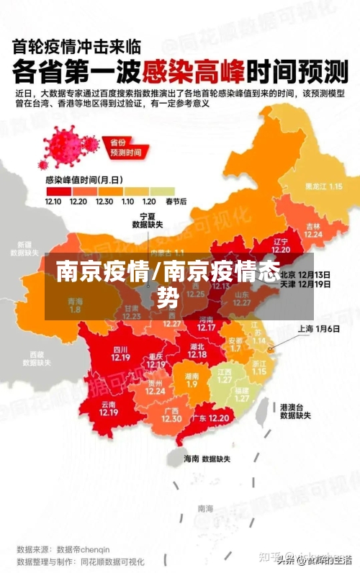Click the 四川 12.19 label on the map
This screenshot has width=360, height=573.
pos(120,353)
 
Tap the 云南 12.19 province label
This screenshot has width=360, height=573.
pos(109,408)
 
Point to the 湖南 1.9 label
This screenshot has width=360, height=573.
pos(192,380)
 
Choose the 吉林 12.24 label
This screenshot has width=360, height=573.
pos(312,229)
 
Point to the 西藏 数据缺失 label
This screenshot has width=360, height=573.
pos(37,358)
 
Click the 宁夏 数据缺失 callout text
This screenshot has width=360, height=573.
pos(148,220)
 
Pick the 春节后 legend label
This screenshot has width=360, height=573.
pos(176,202)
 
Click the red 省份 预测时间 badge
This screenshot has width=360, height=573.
pos(125,148)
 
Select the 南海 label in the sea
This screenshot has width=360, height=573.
pos(205,508)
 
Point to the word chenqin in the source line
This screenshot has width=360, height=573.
pos(112,549)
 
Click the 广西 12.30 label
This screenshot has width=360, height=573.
pos(171,415)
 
